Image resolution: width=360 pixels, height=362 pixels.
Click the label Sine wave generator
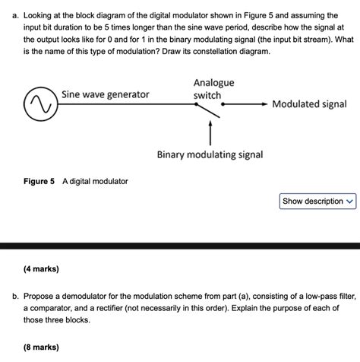click(105, 95)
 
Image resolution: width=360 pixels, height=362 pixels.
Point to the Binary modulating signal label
click(210, 154)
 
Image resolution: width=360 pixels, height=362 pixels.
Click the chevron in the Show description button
click(349, 202)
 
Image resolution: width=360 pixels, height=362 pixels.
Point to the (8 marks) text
click(41, 348)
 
